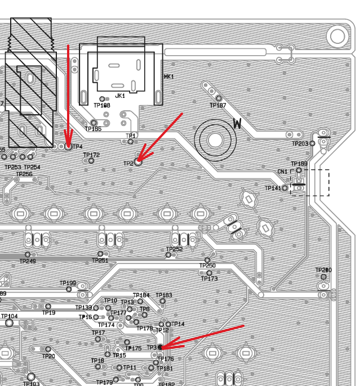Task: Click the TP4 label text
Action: (77, 147)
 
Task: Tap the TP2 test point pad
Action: (138, 161)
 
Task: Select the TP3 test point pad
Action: (161, 348)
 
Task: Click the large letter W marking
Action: (237, 123)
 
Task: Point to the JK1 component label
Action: (119, 96)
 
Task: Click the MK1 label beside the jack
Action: (168, 77)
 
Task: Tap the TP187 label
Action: (217, 106)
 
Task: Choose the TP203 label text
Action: (300, 144)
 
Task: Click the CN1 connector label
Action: (282, 172)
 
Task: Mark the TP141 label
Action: (273, 188)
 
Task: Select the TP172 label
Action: (91, 155)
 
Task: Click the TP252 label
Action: (174, 249)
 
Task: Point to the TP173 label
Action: (209, 279)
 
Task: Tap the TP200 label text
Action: (323, 270)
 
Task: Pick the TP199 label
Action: (68, 283)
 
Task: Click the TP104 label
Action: (9, 316)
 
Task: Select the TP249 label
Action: (28, 261)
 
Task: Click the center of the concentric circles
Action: (215, 139)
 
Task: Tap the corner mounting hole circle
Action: (337, 37)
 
